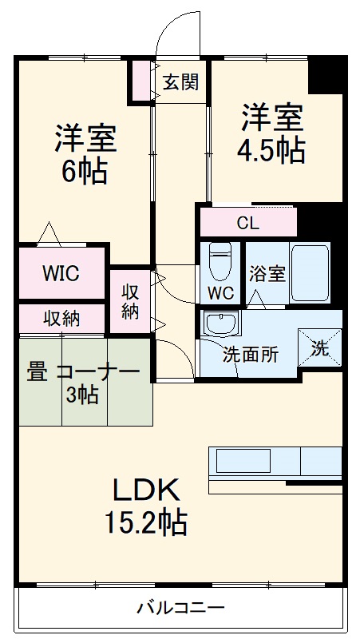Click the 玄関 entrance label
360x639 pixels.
180,82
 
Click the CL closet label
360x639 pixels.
247,223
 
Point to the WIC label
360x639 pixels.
61,274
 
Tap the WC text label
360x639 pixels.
221,293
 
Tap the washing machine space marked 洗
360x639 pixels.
319,347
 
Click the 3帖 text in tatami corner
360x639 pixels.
83,395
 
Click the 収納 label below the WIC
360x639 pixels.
61,318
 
